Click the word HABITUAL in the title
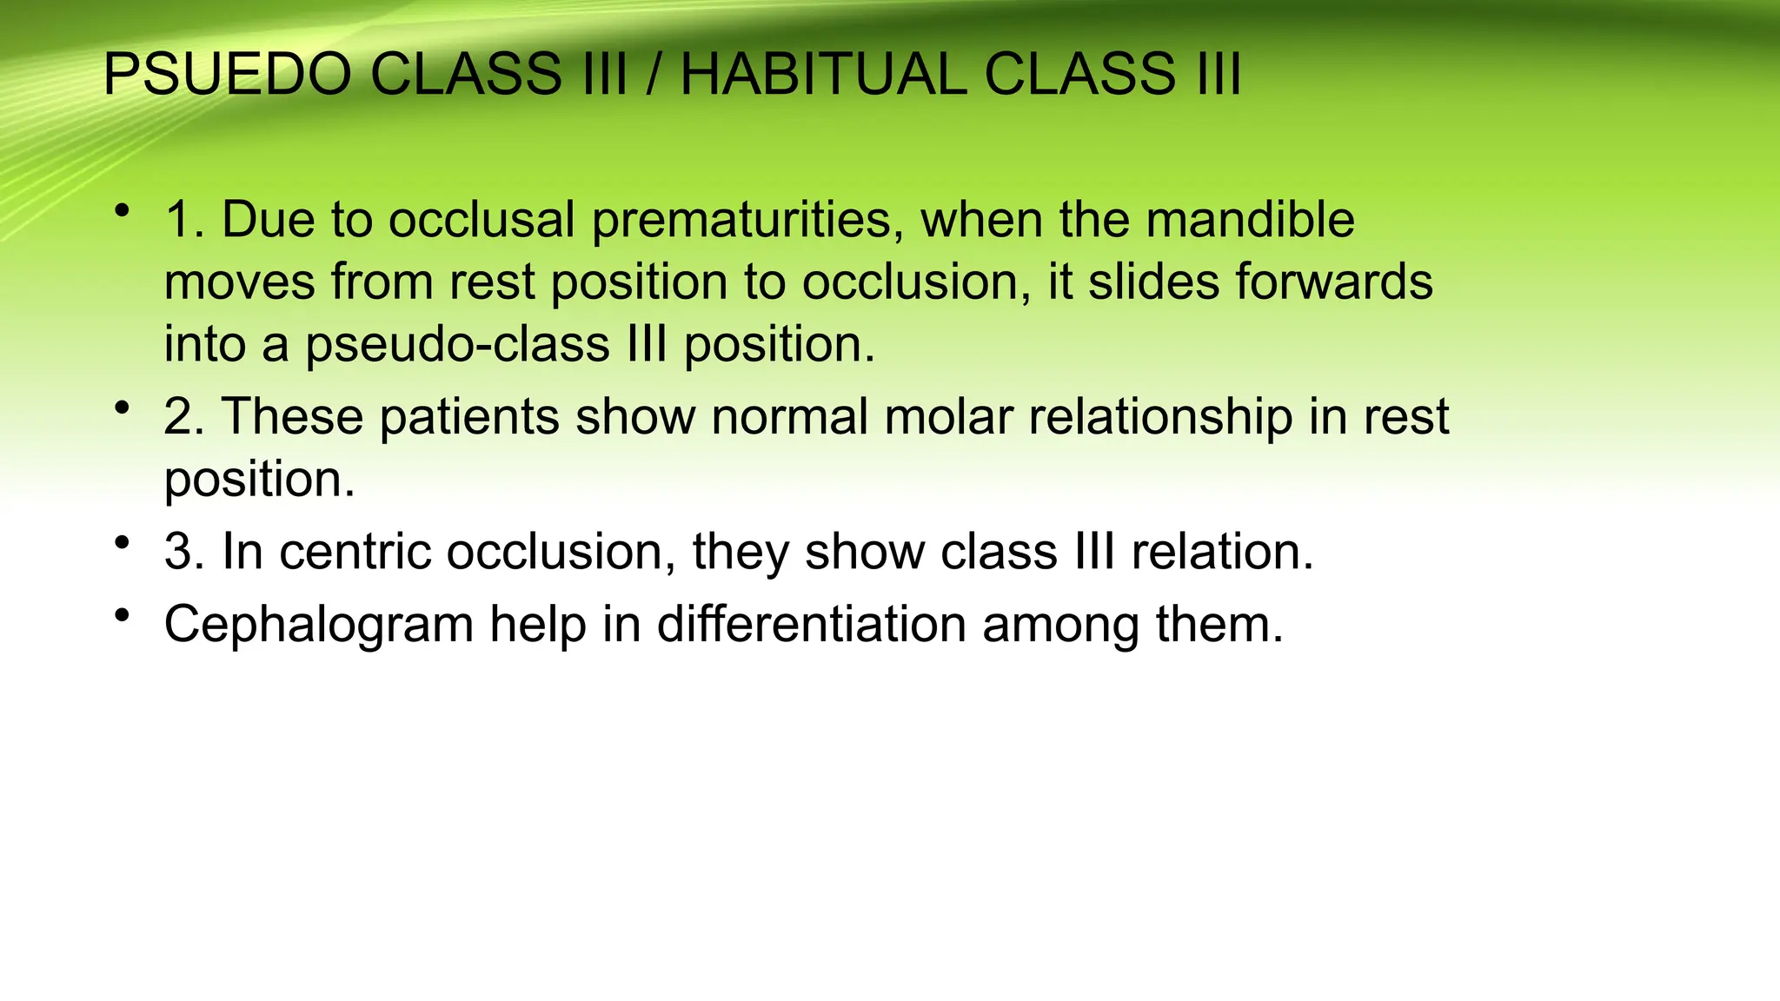[x=821, y=75]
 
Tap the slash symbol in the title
[x=653, y=75]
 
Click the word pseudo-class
[x=457, y=345]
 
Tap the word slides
[x=1152, y=282]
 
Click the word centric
[x=354, y=552]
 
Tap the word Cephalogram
[x=318, y=625]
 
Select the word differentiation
[x=811, y=625]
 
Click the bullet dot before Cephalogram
[x=122, y=616]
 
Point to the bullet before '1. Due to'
[x=122, y=210]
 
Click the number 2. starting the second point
[x=184, y=417]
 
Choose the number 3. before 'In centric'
[x=184, y=552]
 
